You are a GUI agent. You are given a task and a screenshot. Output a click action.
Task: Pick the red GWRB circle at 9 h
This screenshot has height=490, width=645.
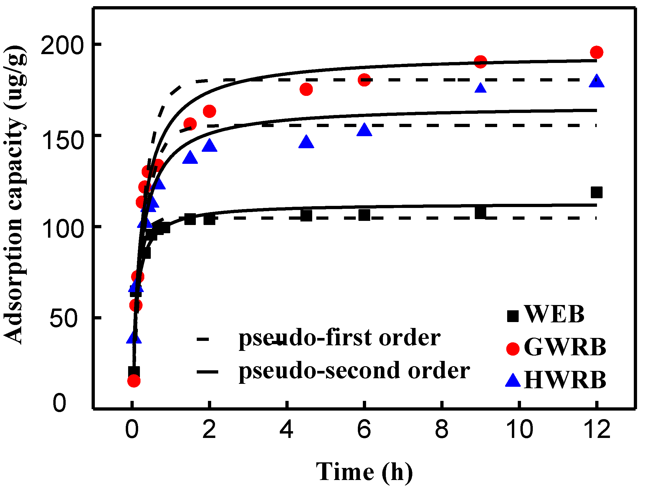480,61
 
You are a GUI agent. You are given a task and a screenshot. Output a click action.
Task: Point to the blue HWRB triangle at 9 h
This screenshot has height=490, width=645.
480,88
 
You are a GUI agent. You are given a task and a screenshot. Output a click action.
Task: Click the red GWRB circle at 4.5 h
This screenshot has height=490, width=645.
306,89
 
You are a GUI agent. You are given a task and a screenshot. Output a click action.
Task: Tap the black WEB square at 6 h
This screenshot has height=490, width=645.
364,215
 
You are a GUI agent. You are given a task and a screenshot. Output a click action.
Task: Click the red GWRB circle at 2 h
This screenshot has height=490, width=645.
209,111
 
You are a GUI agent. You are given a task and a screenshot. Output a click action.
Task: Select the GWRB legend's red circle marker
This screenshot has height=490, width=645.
513,349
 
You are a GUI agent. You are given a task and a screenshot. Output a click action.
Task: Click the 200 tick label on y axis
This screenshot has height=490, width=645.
62,46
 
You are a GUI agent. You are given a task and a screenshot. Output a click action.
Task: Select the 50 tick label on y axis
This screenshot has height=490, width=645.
63,318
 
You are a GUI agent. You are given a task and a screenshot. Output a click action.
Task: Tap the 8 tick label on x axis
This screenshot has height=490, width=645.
441,430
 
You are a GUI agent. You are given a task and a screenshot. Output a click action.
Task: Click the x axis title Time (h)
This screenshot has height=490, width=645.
364,472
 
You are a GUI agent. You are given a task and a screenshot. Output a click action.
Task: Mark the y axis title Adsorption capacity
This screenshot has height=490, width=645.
15,194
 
